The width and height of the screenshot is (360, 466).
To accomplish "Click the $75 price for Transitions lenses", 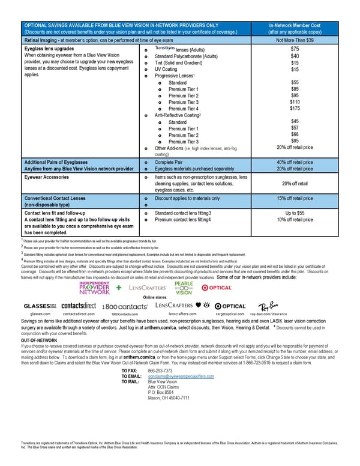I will point(295,49).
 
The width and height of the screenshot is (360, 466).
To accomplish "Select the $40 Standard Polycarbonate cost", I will point(295,56).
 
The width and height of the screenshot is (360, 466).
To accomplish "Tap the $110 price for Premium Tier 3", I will point(295,102).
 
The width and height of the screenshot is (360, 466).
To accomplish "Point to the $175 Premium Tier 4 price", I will point(295,109).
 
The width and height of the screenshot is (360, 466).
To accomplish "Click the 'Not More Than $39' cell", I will point(295,39).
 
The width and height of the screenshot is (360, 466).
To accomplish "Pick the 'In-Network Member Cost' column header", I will point(295,25).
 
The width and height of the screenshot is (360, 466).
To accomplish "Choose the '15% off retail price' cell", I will point(295,198).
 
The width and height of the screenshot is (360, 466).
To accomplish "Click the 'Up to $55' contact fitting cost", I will point(295,213).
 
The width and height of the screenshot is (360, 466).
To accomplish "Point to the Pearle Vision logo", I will point(183,287).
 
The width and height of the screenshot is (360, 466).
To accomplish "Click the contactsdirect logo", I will point(79,305).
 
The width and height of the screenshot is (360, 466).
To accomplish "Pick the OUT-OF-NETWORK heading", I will point(38,340).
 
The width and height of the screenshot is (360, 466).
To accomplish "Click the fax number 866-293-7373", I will point(160,371).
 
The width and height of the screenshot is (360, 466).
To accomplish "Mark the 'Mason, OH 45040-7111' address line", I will point(169,398).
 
